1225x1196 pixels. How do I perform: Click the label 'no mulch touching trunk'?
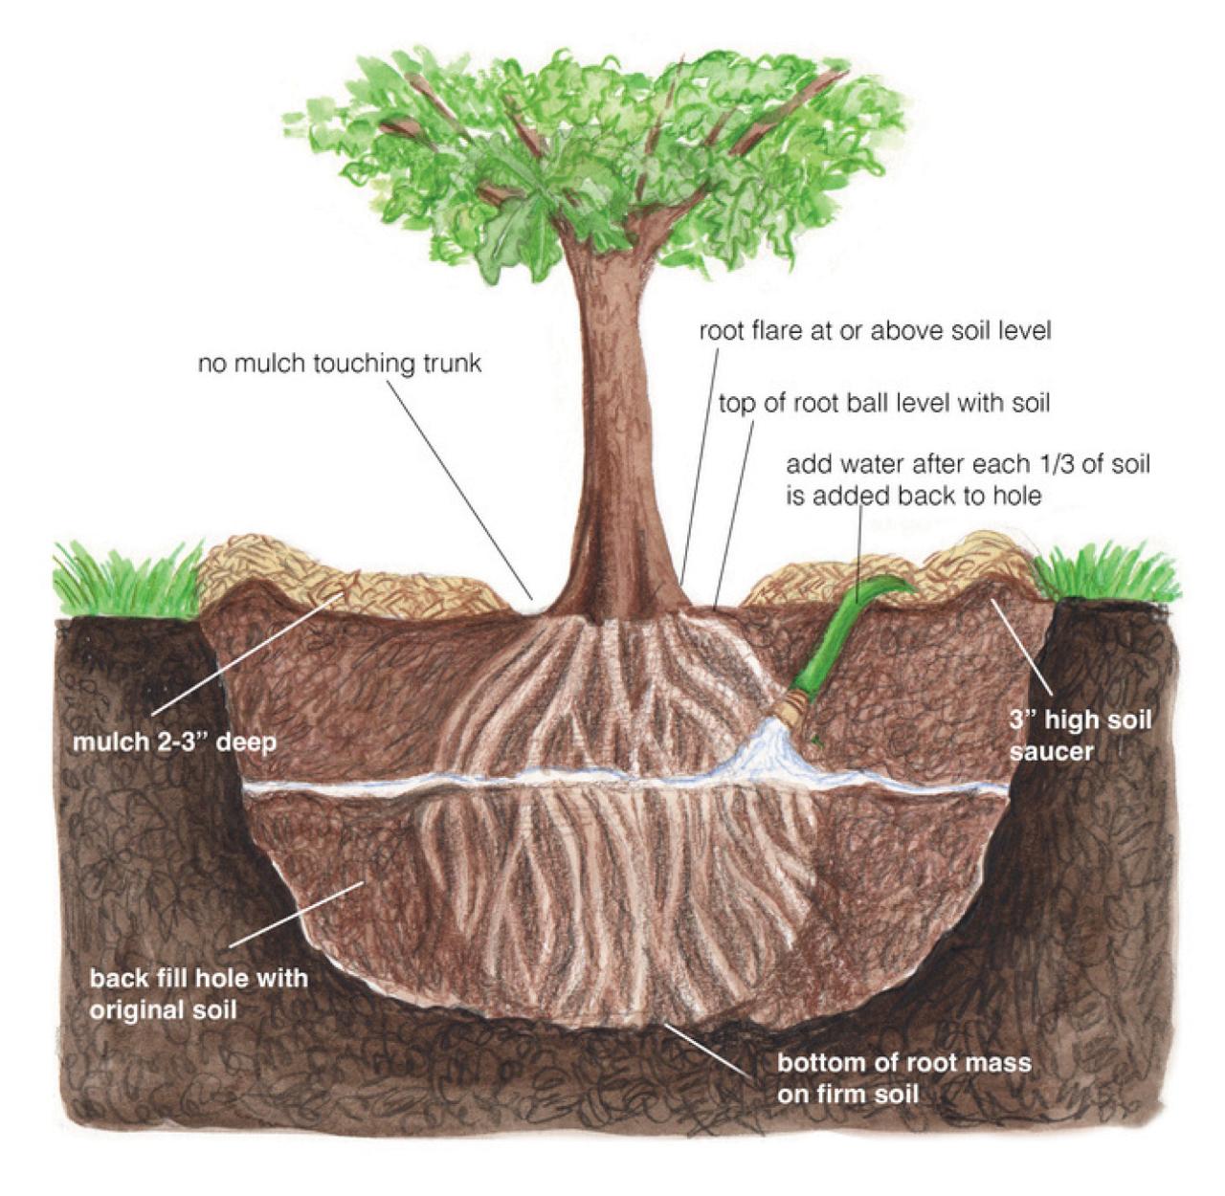click(340, 365)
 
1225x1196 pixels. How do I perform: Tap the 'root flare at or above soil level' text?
click(875, 331)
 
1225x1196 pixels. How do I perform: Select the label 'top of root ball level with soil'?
click(884, 403)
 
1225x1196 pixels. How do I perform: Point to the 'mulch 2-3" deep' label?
click(175, 742)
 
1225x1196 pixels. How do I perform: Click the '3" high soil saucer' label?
click(1080, 735)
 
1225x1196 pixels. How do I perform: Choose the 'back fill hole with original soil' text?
click(199, 994)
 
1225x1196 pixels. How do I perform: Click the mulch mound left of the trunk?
click(352, 579)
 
